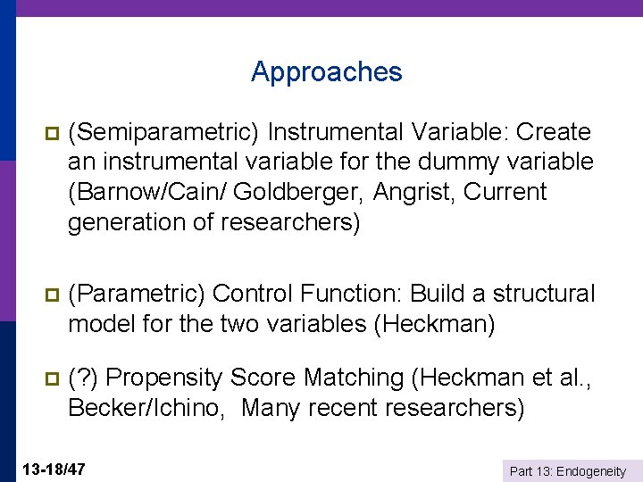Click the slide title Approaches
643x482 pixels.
click(327, 71)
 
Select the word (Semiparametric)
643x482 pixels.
click(164, 133)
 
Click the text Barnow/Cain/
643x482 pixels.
click(140, 192)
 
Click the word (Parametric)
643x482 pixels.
click(138, 294)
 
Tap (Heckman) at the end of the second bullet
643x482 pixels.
click(432, 323)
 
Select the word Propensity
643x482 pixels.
click(163, 378)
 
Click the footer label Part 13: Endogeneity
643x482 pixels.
click(567, 471)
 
